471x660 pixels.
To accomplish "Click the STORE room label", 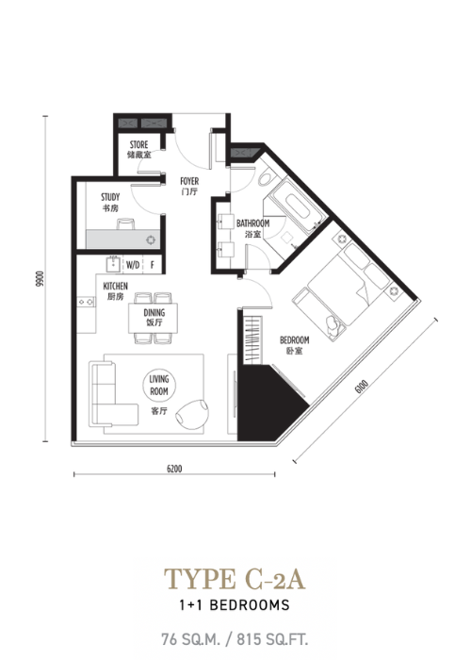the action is [x=138, y=145].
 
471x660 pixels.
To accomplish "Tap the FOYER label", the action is [x=189, y=181].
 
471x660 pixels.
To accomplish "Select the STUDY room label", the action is [x=110, y=197].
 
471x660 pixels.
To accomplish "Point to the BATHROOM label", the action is [x=252, y=223].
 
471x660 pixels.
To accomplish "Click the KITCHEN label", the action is [x=115, y=287].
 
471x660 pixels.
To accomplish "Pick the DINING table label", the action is [x=154, y=313].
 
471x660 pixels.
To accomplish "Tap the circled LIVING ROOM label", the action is [x=159, y=385].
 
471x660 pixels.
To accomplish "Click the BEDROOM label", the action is [x=294, y=339].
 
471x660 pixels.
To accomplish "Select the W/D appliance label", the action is [x=133, y=265].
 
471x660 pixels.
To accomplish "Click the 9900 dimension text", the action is [x=40, y=279].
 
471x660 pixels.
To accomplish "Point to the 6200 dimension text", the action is [x=174, y=469].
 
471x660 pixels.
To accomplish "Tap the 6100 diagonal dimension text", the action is [x=361, y=386].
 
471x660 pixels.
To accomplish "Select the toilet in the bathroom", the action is [x=265, y=178].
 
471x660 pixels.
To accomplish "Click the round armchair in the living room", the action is [x=192, y=414].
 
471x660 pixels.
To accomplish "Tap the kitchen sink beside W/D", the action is [x=114, y=265].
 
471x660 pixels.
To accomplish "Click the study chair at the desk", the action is [x=125, y=224].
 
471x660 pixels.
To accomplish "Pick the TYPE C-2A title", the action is [x=235, y=579].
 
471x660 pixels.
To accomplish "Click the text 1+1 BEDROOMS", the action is [x=235, y=605].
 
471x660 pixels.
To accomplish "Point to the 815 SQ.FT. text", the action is [x=272, y=639].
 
